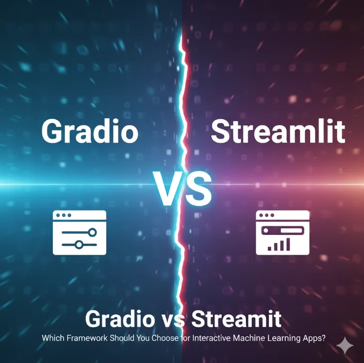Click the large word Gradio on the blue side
[89, 131]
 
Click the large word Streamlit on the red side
[278, 131]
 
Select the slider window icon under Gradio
[79, 232]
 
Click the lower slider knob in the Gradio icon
[78, 244]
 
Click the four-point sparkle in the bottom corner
[344, 345]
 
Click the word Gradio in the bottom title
[119, 319]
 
